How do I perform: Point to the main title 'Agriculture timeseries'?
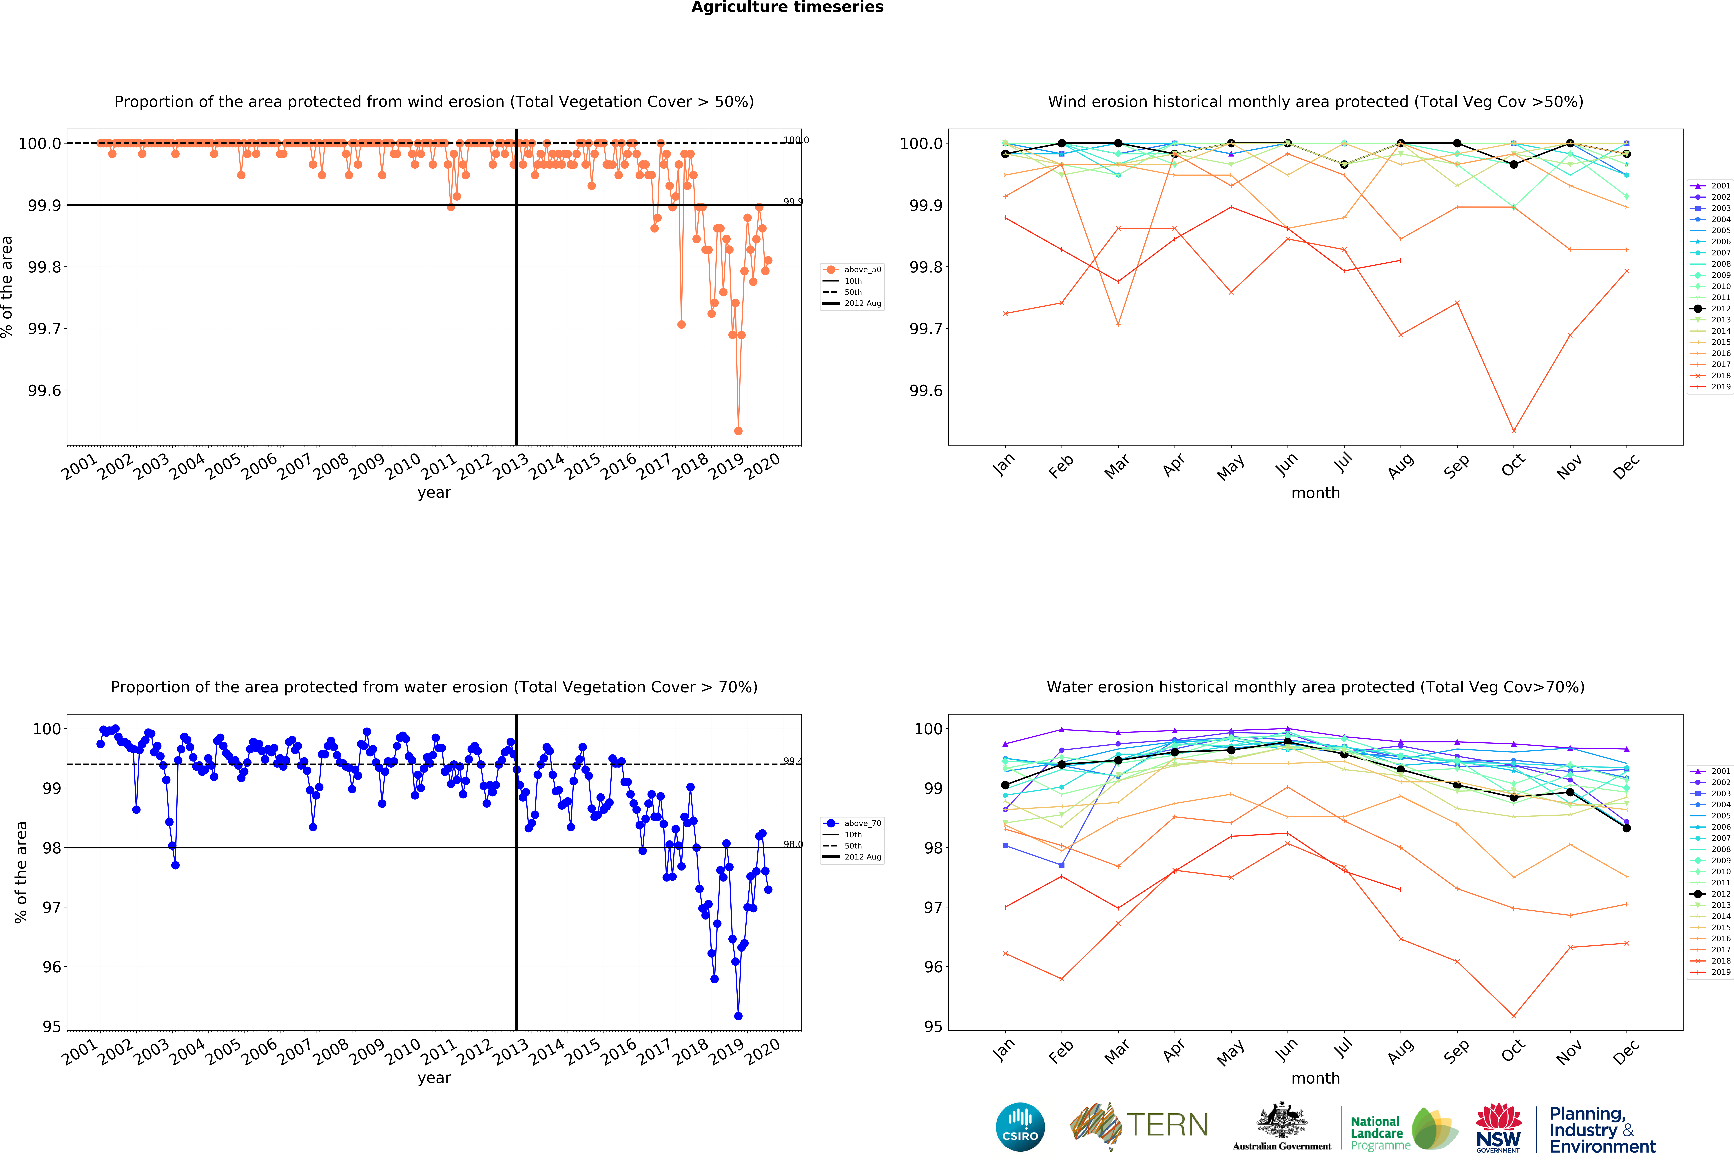pyautogui.click(x=787, y=8)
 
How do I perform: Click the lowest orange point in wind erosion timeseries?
pyautogui.click(x=738, y=431)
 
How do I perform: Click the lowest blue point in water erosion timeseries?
pyautogui.click(x=738, y=1016)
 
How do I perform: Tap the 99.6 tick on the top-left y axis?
pyautogui.click(x=45, y=390)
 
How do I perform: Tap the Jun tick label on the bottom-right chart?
pyautogui.click(x=1286, y=1050)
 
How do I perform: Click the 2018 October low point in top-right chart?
pyautogui.click(x=1513, y=431)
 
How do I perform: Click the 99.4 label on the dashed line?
pyautogui.click(x=792, y=761)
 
